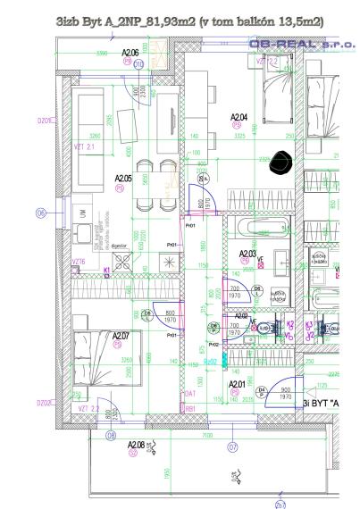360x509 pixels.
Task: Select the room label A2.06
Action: pyautogui.click(x=130, y=54)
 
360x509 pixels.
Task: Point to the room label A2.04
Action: pyautogui.click(x=239, y=117)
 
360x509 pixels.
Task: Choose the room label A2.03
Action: pyautogui.click(x=247, y=254)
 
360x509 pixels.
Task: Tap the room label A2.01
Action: pyautogui.click(x=237, y=384)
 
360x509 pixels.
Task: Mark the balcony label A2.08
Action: pyautogui.click(x=136, y=444)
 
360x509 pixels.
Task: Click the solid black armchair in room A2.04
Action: pyautogui.click(x=285, y=161)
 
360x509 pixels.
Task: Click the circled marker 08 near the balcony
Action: pyautogui.click(x=112, y=435)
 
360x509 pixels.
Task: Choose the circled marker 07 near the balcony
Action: pyautogui.click(x=232, y=445)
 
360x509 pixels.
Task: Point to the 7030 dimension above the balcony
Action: pyautogui.click(x=206, y=437)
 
